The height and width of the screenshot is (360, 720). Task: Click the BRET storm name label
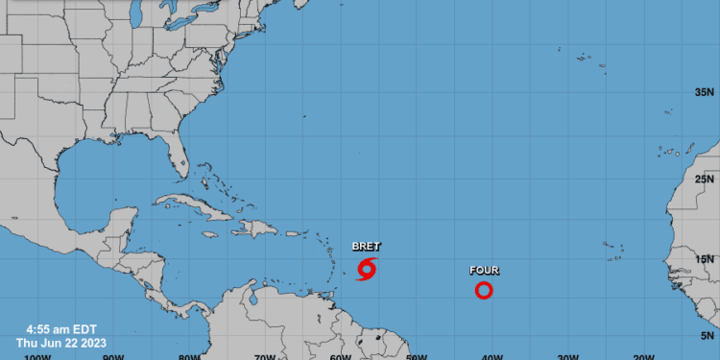[366, 247]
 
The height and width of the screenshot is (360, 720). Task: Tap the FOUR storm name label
[484, 271]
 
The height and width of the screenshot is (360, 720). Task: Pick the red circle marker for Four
[484, 290]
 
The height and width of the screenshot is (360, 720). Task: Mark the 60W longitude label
[339, 356]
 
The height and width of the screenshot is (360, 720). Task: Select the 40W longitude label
[492, 356]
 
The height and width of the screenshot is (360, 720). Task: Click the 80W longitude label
[188, 356]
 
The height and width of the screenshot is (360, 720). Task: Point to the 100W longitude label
[36, 356]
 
